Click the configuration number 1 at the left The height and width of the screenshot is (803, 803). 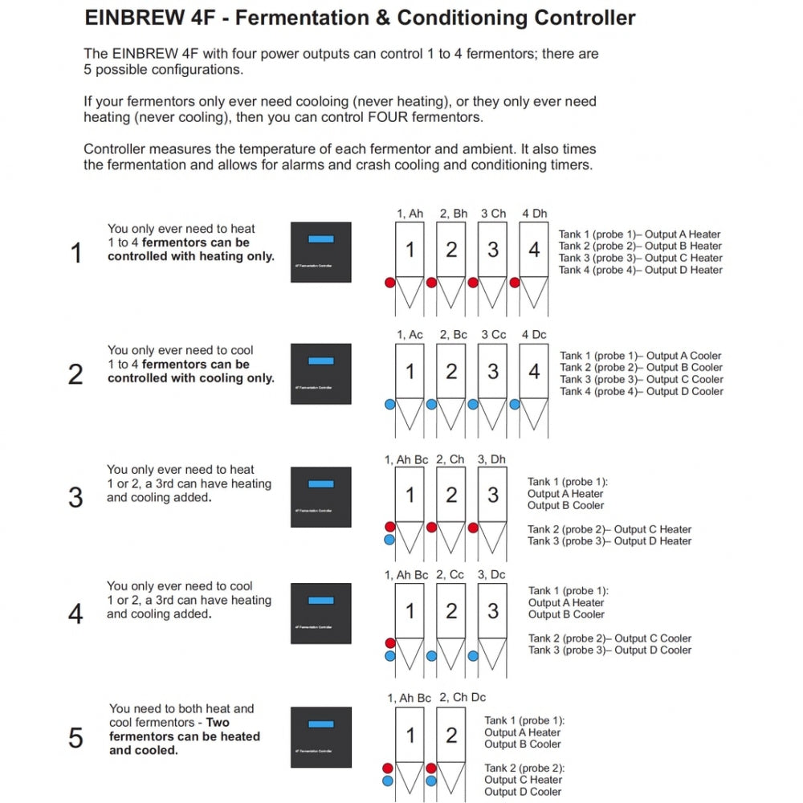click(x=76, y=254)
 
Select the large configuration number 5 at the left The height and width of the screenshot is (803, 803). click(x=75, y=737)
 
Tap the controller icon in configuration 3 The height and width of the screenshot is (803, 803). click(x=320, y=496)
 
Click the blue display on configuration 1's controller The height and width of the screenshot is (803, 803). click(x=320, y=238)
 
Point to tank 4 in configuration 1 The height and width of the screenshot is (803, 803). click(x=534, y=250)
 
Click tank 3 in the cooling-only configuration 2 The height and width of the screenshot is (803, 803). click(x=493, y=372)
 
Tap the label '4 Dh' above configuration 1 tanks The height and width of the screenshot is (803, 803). click(x=534, y=214)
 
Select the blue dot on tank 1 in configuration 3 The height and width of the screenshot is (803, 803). click(x=389, y=540)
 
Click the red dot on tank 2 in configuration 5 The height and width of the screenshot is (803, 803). click(x=431, y=768)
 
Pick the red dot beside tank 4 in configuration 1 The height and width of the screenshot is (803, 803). click(x=515, y=283)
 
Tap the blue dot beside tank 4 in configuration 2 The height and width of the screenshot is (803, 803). click(x=515, y=405)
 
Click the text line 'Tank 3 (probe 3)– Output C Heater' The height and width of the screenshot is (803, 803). click(x=641, y=258)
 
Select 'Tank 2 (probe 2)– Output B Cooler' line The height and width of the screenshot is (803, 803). click(x=641, y=367)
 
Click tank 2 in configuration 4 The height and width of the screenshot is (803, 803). click(x=451, y=611)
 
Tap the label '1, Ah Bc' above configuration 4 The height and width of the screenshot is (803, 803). click(x=406, y=575)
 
